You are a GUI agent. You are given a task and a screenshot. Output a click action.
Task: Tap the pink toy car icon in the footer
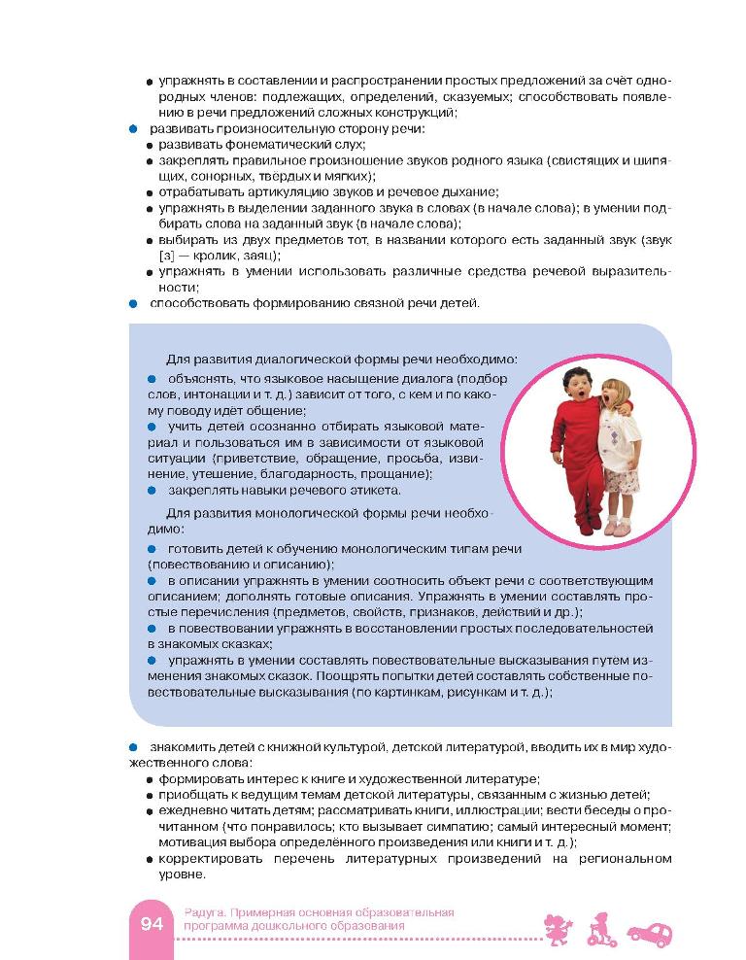[x=650, y=930]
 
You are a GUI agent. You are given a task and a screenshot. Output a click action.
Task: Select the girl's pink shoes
[x=617, y=528]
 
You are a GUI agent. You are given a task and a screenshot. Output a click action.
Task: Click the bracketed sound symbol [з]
[x=167, y=256]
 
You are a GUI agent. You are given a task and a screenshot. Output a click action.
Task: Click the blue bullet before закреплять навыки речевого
[x=152, y=490]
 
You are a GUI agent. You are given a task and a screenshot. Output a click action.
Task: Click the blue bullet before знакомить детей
[x=133, y=746]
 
